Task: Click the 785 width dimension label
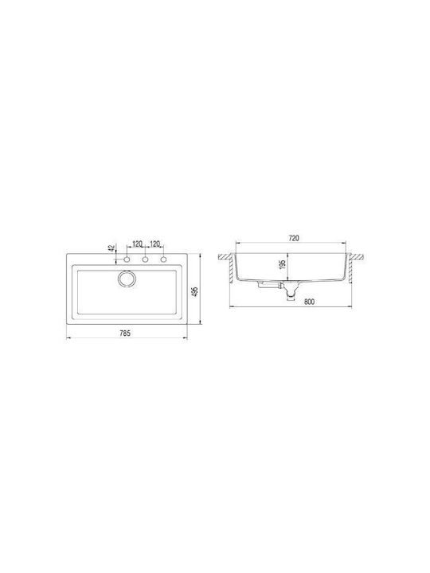125,333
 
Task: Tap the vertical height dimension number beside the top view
194,291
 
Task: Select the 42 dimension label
111,248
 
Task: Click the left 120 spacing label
137,244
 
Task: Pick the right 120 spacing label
155,244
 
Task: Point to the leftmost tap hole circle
127,259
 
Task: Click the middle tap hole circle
145,259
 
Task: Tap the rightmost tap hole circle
163,259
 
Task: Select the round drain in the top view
127,279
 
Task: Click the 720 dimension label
294,238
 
